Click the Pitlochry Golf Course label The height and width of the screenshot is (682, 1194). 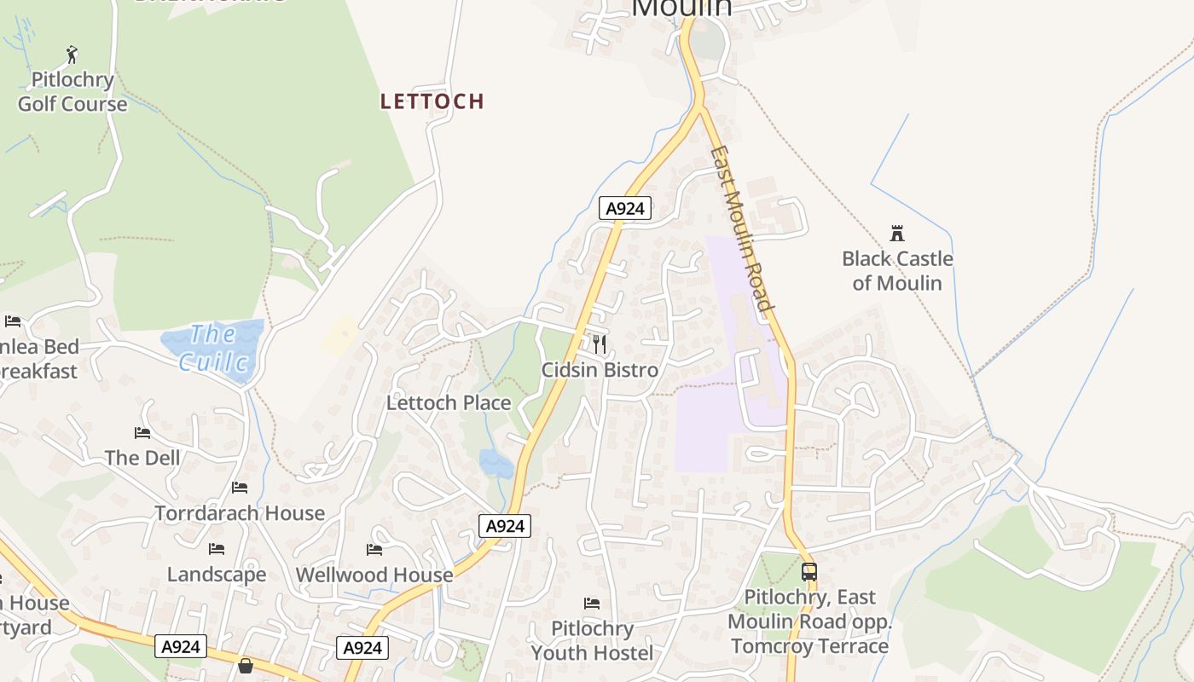[72, 92]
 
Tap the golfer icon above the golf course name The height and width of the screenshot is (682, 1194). [72, 55]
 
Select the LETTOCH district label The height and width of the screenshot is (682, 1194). [432, 101]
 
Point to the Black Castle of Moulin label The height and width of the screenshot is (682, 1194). [897, 270]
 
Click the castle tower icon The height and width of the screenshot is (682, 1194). [896, 233]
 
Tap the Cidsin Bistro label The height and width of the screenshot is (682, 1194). [600, 370]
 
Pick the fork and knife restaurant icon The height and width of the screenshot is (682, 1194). [600, 344]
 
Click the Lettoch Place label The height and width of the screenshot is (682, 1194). [449, 402]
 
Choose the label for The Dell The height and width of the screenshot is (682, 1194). [142, 458]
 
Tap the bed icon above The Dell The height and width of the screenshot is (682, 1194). [142, 433]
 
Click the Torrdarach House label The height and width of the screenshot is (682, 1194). [240, 513]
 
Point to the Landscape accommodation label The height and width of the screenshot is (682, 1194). [217, 574]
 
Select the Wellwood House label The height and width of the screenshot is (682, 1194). [374, 575]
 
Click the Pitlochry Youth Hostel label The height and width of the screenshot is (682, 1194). [592, 641]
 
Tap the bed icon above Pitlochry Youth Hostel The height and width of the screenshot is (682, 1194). [592, 604]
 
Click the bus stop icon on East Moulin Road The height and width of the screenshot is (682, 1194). [809, 572]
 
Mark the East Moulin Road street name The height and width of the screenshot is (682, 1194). [742, 228]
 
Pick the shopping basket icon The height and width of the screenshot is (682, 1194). [246, 665]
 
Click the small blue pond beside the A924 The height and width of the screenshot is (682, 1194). [496, 464]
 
